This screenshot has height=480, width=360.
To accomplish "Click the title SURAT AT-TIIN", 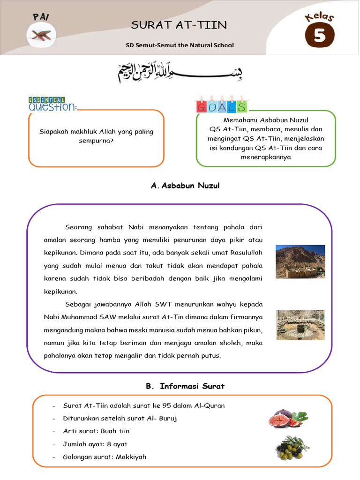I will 179,25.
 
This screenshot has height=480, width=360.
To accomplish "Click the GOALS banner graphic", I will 221,106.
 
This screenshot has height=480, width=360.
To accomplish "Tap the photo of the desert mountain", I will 300,262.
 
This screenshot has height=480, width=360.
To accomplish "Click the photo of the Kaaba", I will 300,325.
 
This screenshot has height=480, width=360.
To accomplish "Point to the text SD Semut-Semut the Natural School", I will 180,45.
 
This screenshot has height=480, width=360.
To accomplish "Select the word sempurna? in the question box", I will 97,140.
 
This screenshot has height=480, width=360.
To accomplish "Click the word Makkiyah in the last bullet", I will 131,456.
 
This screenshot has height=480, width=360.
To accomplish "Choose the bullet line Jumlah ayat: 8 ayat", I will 95,443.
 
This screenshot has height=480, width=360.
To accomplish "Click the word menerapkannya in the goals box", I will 265,157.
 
